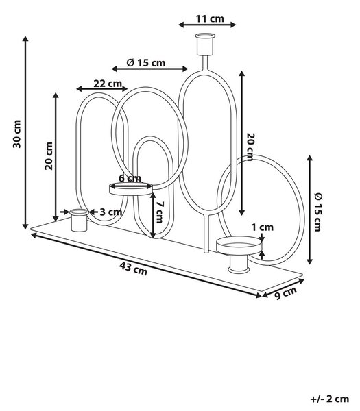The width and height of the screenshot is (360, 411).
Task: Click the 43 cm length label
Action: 133,269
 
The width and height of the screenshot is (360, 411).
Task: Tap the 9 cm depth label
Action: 285,292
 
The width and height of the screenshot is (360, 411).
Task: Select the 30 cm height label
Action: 16,134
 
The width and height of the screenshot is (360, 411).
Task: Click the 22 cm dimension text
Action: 108,84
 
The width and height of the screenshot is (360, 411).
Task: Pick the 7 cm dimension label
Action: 159,212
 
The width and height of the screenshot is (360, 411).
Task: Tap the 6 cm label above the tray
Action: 130,178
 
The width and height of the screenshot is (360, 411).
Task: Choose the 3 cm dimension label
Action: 111,212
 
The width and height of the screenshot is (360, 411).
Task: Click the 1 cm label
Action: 263,227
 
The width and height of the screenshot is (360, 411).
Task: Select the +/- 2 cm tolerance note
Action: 330,399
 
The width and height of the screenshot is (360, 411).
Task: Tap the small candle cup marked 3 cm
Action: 79,220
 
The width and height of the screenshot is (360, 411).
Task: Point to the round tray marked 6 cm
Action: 131,189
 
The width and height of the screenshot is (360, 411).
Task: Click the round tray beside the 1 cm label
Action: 239,245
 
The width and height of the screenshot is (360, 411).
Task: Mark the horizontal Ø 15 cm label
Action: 146,63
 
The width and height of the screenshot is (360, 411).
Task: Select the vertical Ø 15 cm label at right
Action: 318,212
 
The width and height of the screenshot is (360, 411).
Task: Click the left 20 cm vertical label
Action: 49,155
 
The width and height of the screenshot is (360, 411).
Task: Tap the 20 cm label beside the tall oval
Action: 250,147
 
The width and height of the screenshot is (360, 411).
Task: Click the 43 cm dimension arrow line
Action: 146,265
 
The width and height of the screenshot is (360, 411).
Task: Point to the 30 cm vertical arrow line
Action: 25,132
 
